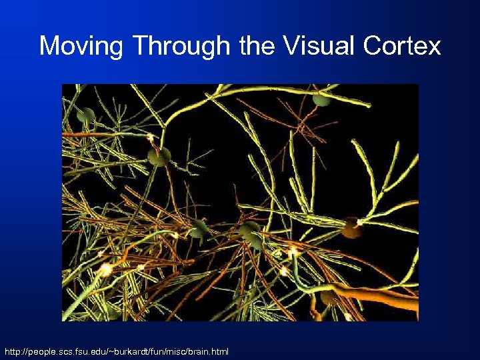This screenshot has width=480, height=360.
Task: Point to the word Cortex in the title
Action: [403, 46]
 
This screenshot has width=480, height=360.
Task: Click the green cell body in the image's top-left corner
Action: [85, 115]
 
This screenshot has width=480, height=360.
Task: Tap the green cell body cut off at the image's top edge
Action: [321, 99]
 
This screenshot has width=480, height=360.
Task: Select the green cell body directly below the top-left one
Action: [159, 157]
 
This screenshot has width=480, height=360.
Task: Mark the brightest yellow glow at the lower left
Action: [105, 269]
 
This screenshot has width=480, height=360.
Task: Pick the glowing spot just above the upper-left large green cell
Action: [151, 137]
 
